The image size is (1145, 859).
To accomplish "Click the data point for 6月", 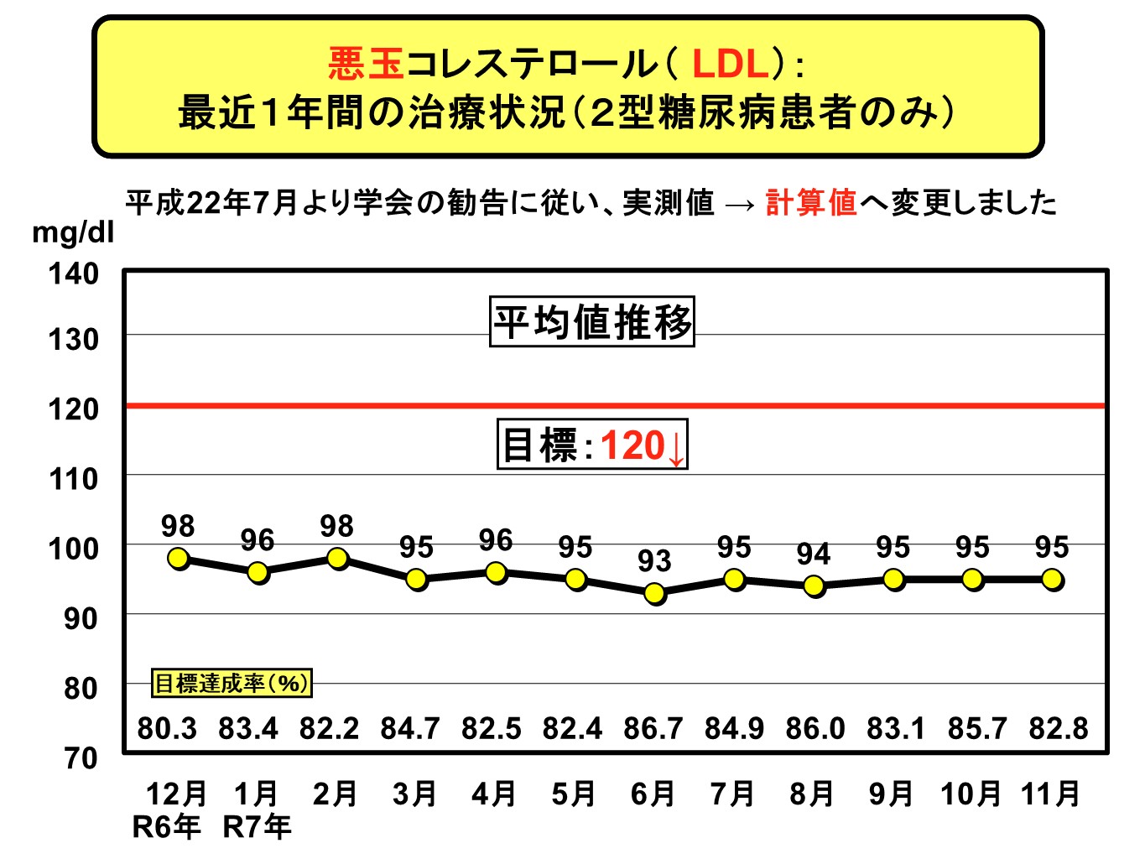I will (x=655, y=593).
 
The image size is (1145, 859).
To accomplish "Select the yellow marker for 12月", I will (x=178, y=559).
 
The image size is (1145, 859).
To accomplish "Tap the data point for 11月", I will (x=1052, y=580).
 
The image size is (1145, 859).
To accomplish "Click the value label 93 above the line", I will (x=654, y=560).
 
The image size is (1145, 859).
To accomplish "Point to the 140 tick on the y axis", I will (x=74, y=273).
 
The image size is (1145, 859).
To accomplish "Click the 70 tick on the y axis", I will (x=81, y=757).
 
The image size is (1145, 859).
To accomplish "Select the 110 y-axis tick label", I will (x=74, y=479).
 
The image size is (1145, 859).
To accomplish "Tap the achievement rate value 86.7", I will (x=653, y=728).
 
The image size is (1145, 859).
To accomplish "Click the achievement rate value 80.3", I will (x=167, y=728).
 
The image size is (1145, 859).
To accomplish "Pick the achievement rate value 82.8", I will (x=1059, y=728).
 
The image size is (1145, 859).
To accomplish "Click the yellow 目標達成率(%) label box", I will (x=232, y=683).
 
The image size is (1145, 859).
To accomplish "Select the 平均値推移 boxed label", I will (x=592, y=322).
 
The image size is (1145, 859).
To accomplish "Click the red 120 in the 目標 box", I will (x=633, y=445).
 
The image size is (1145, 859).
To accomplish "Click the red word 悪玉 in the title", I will (x=367, y=64).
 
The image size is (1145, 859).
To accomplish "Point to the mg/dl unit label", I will (x=72, y=232).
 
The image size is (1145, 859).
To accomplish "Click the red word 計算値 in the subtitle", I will (x=811, y=203).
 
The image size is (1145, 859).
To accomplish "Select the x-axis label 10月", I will (x=971, y=793).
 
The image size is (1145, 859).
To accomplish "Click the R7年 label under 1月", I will (x=257, y=827).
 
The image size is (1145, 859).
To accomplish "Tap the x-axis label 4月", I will (x=494, y=793).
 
